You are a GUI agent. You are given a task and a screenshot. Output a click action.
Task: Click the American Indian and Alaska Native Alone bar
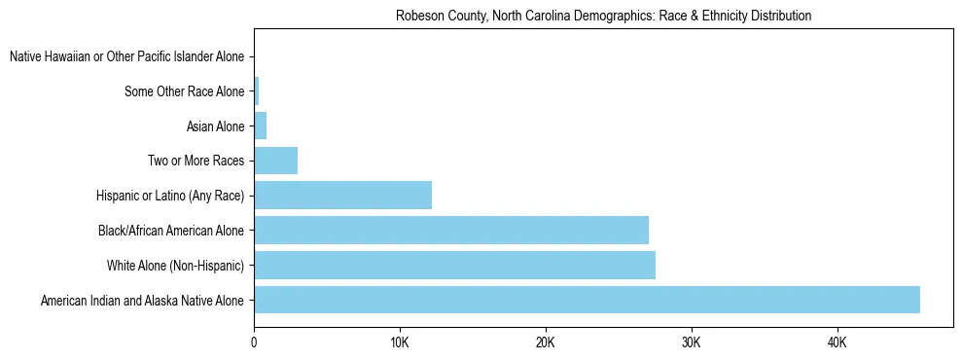point(587,300)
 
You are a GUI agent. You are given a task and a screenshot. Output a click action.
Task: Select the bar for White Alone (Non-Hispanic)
point(454,266)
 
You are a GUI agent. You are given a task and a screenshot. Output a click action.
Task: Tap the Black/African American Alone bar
point(451,231)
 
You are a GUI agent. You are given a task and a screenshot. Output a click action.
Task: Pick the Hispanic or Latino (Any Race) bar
point(342,196)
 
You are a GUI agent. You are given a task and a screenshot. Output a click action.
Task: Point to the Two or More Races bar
point(275,161)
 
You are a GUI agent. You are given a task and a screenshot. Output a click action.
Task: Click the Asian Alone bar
point(260,126)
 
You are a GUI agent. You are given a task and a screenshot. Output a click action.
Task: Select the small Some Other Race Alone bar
point(256,91)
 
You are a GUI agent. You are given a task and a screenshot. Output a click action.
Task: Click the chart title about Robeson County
point(604,17)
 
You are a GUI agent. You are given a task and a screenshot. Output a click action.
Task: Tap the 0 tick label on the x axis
point(254,342)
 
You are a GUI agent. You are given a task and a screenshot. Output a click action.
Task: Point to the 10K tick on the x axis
point(399,342)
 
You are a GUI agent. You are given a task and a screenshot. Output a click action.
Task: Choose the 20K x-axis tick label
point(545,342)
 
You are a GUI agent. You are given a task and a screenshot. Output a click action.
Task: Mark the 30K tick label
point(691,342)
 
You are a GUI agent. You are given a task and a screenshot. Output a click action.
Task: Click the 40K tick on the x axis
point(837,342)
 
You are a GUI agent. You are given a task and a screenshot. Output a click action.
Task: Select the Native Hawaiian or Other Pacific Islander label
point(126,57)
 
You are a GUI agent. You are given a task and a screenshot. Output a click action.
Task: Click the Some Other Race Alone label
point(185,92)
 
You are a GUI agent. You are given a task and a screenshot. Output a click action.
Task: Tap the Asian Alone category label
point(215,126)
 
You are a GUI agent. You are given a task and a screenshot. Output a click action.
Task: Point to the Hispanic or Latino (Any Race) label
point(170,197)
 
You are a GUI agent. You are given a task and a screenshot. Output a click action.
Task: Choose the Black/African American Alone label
point(171,232)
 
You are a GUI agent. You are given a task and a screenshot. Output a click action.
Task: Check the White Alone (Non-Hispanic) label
point(175,267)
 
